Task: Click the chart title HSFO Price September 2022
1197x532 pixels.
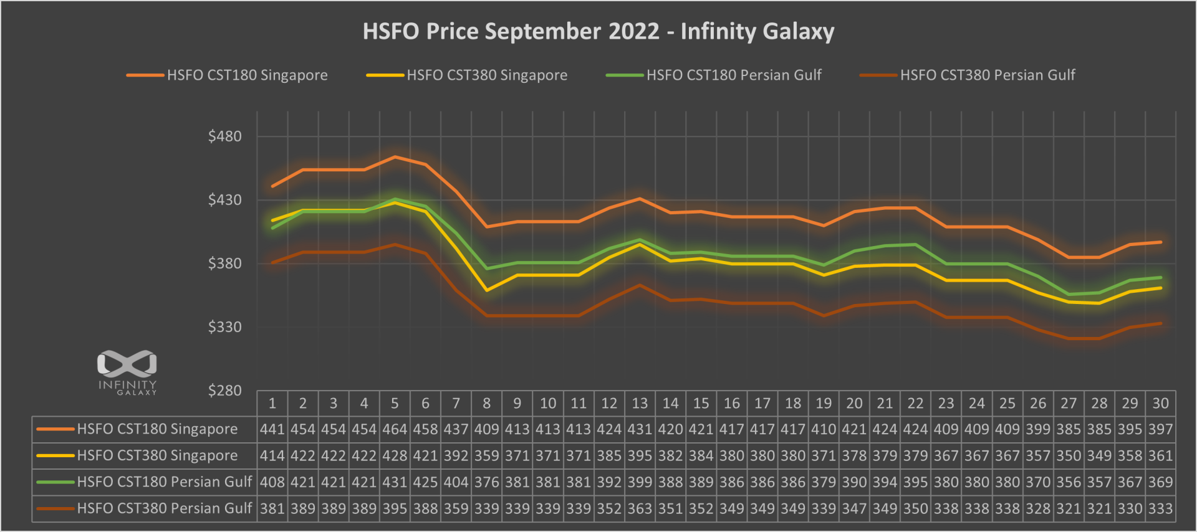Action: tap(598, 31)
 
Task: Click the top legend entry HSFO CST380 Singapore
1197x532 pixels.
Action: tap(486, 75)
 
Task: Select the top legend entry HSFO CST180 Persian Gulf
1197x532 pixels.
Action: tap(733, 75)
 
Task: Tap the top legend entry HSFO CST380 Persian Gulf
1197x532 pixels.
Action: tap(987, 75)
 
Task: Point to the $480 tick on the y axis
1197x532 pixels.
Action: tap(224, 136)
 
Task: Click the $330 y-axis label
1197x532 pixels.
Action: tap(224, 327)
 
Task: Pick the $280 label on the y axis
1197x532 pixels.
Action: tap(224, 391)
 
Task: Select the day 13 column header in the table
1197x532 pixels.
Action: tap(640, 404)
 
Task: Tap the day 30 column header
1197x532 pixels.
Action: tap(1160, 404)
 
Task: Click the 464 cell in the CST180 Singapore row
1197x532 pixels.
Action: tap(395, 429)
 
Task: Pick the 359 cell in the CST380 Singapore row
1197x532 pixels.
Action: tap(486, 456)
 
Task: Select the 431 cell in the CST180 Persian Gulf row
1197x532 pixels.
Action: tap(395, 482)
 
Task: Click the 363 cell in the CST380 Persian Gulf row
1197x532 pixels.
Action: tap(640, 509)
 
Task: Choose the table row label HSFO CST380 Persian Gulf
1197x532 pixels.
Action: tap(164, 509)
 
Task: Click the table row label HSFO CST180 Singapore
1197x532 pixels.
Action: tap(157, 429)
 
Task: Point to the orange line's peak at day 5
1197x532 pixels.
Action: tap(395, 157)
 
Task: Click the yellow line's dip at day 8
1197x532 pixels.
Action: tap(486, 290)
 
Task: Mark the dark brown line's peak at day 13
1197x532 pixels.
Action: tap(640, 285)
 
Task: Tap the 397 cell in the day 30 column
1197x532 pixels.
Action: tap(1160, 429)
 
